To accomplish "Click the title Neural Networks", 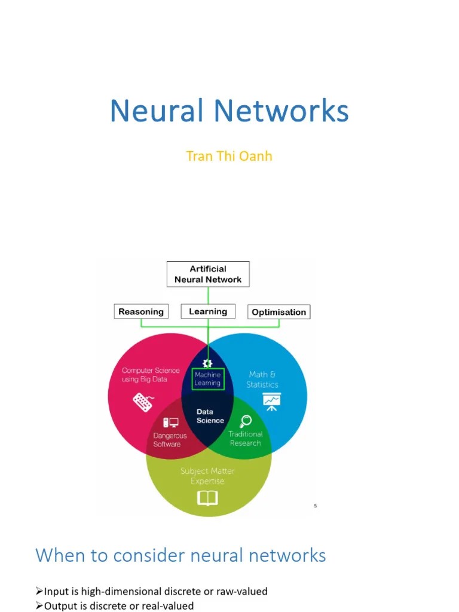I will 229,111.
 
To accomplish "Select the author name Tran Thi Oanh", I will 229,156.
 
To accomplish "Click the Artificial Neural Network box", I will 208,274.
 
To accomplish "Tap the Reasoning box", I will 141,311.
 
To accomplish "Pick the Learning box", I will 208,311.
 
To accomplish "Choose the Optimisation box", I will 279,312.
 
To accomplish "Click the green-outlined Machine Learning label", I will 207,379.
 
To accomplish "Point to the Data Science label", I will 210,416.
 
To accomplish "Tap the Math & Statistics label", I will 262,380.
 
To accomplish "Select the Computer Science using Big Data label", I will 151,375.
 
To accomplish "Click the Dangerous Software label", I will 170,440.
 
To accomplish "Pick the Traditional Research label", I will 245,438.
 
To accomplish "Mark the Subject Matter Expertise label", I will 207,476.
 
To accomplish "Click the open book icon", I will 207,498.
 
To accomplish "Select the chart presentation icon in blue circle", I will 272,402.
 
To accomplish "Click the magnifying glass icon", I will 245,420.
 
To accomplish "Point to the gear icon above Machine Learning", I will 207,363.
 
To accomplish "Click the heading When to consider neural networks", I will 180,555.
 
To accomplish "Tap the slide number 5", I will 316,506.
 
